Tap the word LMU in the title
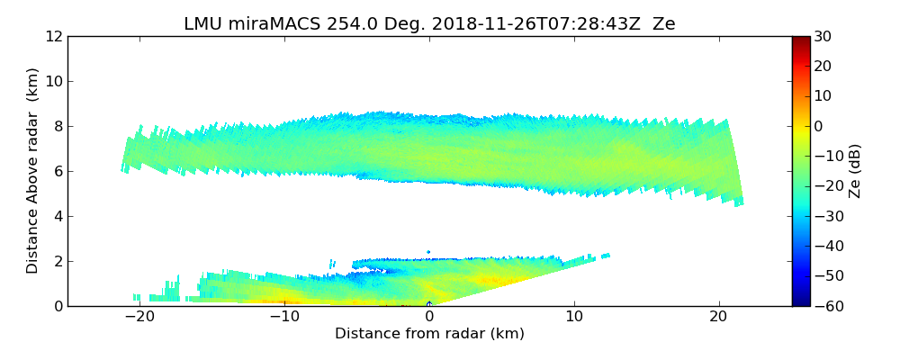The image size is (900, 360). (203, 24)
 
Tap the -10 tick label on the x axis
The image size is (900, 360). (283, 317)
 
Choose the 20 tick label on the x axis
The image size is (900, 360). (718, 317)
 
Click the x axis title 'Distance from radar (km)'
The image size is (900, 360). (429, 334)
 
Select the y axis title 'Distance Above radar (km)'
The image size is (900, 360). (33, 170)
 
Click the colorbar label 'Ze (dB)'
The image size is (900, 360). (855, 170)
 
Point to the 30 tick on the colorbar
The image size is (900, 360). (821, 36)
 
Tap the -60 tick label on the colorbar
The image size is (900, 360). (823, 306)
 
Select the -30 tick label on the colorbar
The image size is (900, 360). (823, 216)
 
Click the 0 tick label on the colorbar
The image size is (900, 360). (818, 126)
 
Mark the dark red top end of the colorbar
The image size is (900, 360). (800, 40)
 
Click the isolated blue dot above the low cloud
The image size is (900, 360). (428, 252)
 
